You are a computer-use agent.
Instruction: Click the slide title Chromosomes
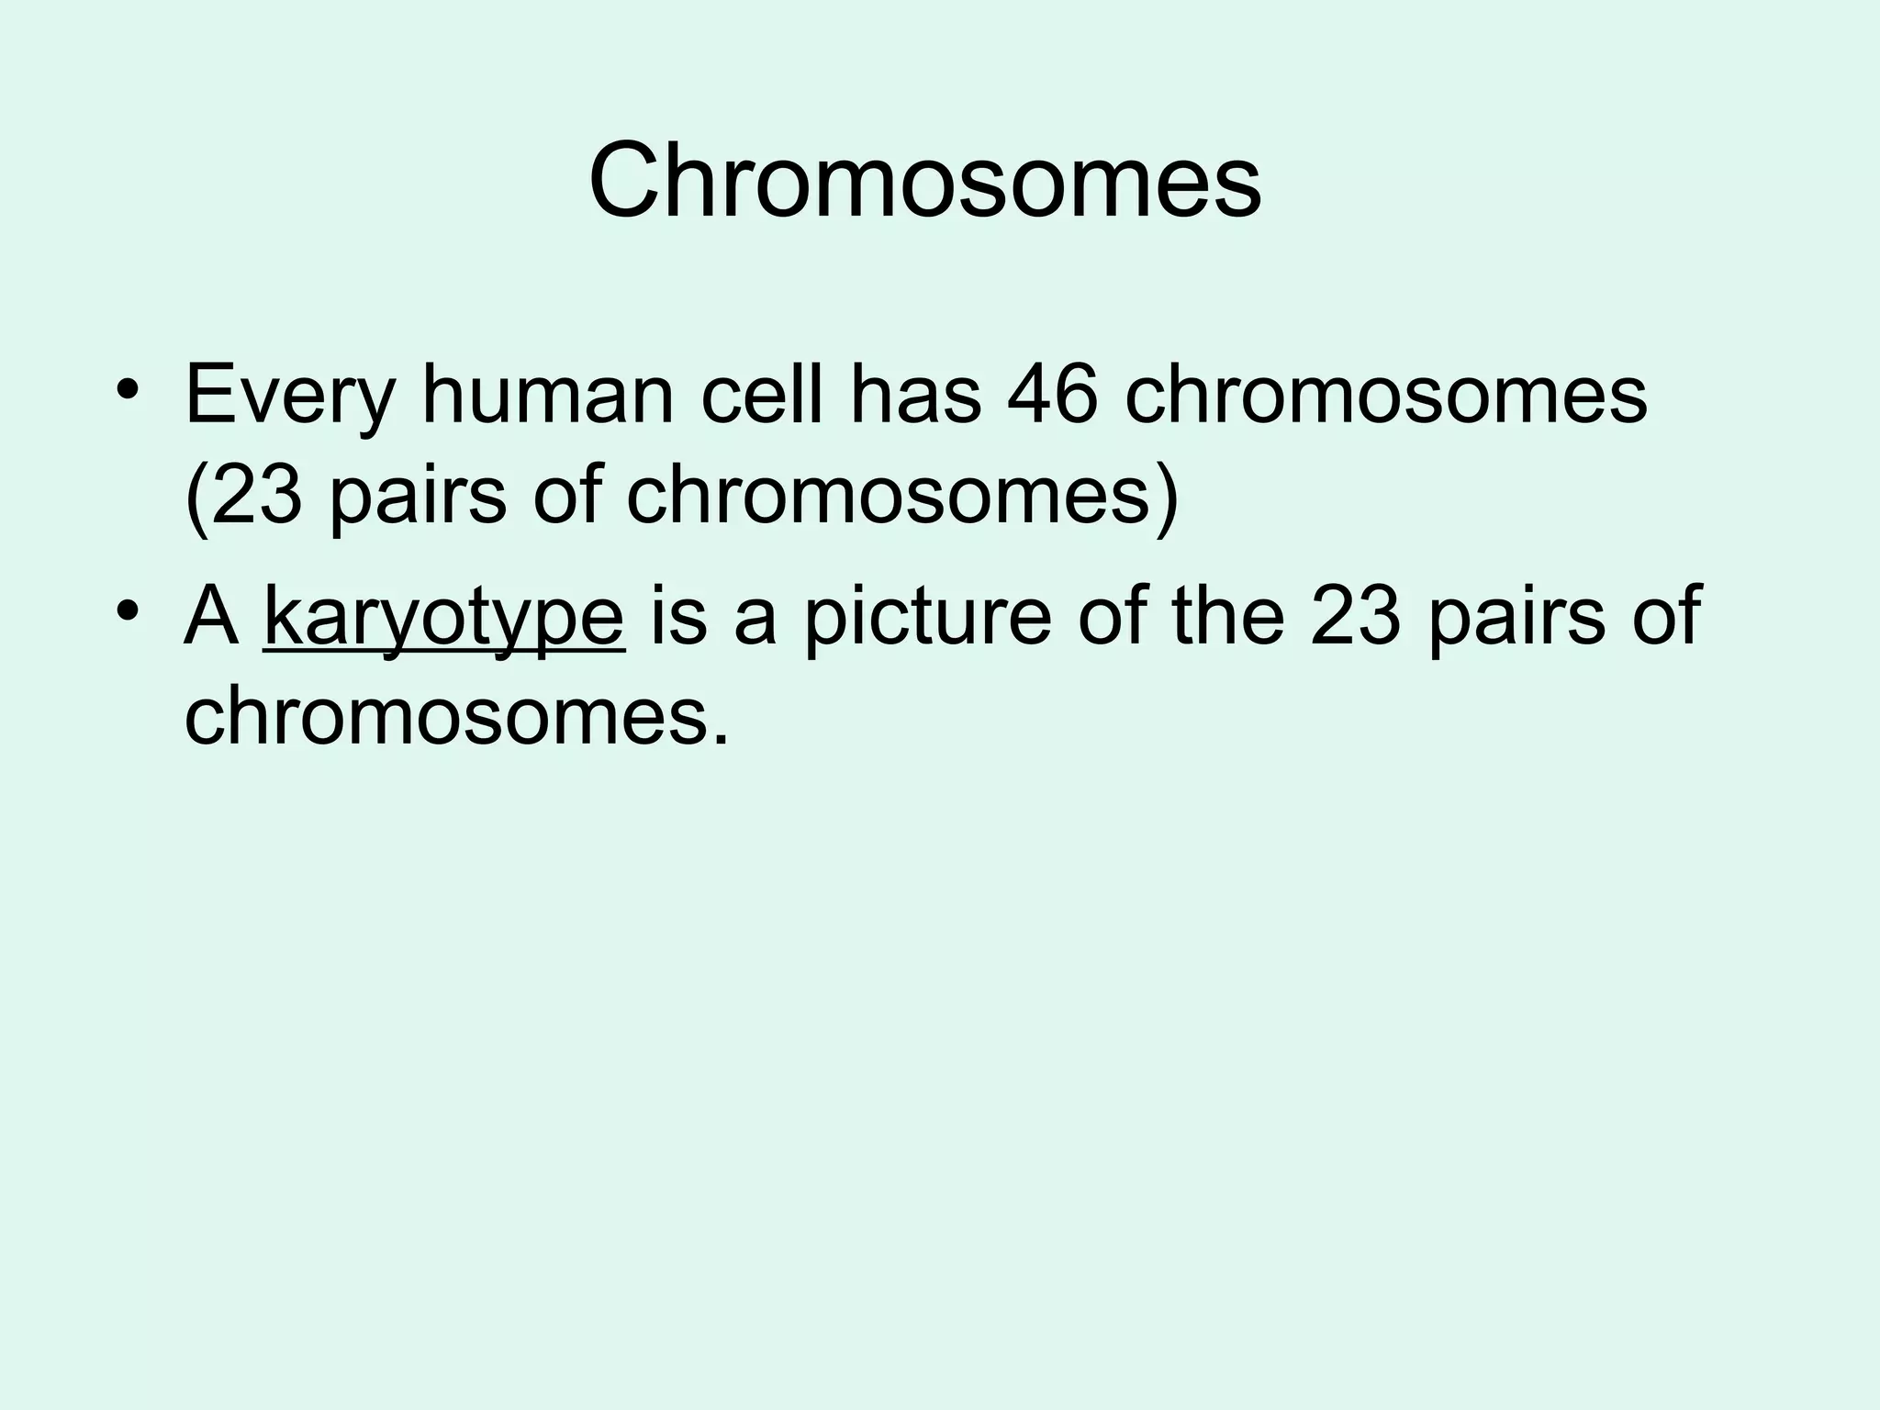click(x=925, y=180)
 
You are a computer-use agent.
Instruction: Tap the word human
click(x=548, y=396)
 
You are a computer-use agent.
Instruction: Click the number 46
click(x=1052, y=396)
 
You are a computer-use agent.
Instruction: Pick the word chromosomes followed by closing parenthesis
click(x=889, y=497)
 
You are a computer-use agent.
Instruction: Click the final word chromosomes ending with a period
click(x=456, y=715)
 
